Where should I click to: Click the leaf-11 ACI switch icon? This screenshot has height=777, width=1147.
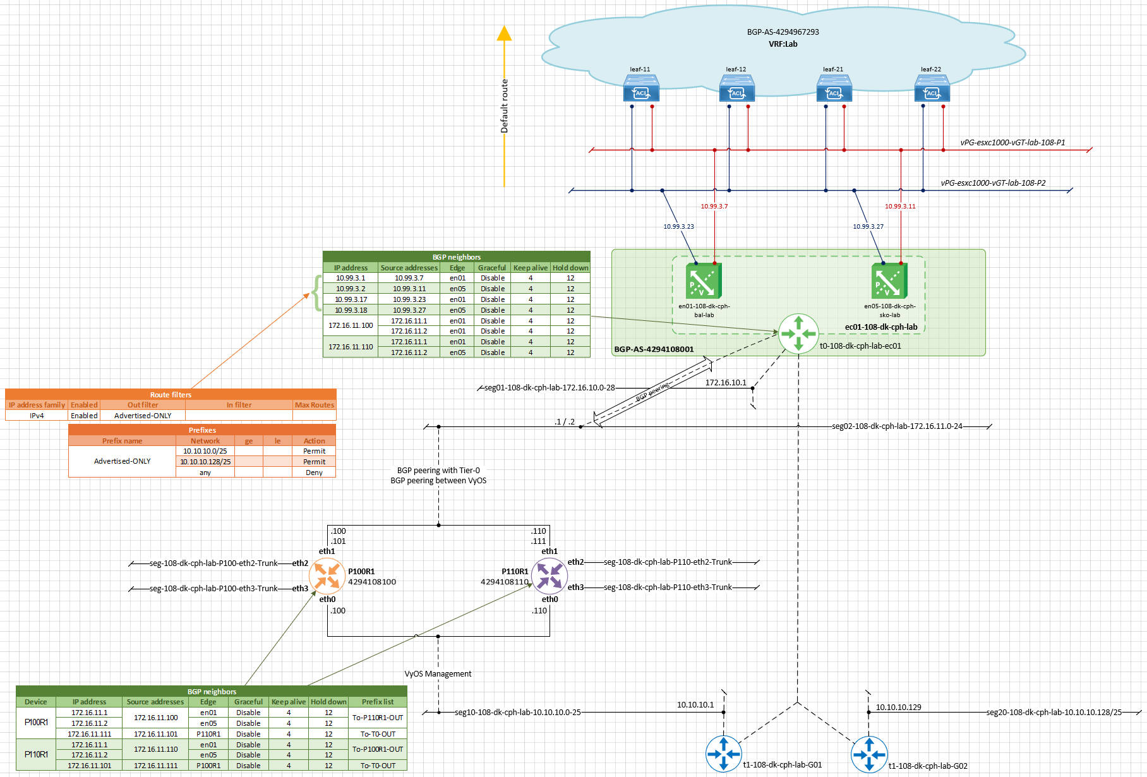click(x=641, y=88)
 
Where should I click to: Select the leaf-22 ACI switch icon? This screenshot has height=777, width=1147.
click(x=932, y=88)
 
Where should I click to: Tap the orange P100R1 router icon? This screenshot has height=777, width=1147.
click(x=327, y=575)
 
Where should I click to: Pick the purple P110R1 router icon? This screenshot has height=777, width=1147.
click(x=549, y=575)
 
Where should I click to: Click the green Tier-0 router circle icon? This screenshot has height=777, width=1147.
click(x=798, y=333)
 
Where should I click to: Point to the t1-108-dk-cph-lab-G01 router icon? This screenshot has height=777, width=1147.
click(x=724, y=754)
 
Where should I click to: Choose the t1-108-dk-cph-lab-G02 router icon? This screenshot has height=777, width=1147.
click(x=869, y=754)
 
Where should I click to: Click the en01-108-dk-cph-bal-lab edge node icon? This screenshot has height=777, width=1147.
click(x=704, y=280)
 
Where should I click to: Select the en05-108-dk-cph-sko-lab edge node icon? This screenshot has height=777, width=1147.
click(x=889, y=280)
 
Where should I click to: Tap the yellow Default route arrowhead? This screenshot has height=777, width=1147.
click(x=504, y=33)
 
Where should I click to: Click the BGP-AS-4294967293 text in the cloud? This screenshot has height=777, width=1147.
click(x=783, y=32)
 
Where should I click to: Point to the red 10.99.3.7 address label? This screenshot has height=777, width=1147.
click(x=714, y=207)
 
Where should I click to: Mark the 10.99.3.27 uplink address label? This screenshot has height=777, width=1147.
click(x=868, y=226)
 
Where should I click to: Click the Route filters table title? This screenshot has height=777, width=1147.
click(x=171, y=395)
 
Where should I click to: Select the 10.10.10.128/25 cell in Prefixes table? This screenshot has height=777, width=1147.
click(x=205, y=462)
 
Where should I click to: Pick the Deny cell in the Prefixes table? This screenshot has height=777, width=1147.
click(x=314, y=473)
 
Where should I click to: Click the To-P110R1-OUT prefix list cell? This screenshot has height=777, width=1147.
click(x=378, y=718)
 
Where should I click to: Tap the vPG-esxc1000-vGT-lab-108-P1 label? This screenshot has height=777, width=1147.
click(x=1012, y=143)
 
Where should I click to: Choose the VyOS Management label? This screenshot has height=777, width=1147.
click(x=438, y=674)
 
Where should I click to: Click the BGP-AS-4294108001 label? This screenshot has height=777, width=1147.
click(x=654, y=349)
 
